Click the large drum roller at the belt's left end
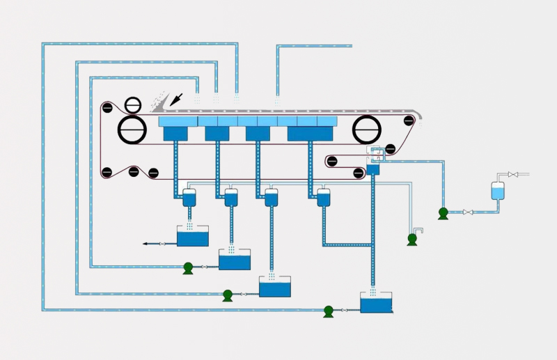(132, 130)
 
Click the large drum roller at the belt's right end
(367, 130)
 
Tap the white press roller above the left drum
(132, 105)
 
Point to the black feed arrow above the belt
(178, 99)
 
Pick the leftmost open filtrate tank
(193, 237)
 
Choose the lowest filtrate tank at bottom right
(376, 304)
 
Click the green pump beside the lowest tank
(329, 311)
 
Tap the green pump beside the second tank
(188, 267)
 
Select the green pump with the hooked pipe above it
(412, 239)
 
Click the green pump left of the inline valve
(443, 213)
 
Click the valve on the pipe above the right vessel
(512, 174)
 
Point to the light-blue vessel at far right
(497, 190)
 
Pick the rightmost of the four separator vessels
(323, 197)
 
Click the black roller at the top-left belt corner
(107, 109)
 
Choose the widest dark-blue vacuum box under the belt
(308, 133)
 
